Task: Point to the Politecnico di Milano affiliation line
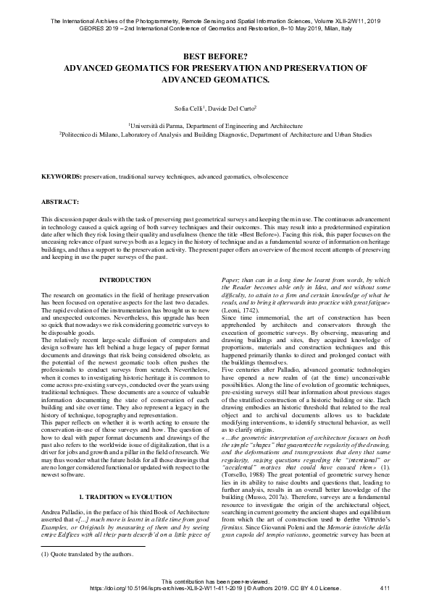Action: [x=215, y=134]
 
